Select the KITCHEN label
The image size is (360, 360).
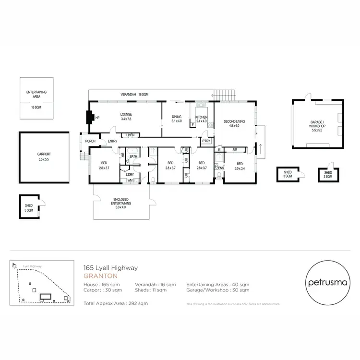201,118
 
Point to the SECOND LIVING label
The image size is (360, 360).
234,121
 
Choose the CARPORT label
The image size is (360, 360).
44,155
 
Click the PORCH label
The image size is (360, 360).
90,141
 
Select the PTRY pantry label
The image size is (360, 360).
206,141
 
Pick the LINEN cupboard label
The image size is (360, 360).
130,135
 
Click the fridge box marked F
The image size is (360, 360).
193,125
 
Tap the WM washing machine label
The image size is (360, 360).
130,180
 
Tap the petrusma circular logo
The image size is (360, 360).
326,282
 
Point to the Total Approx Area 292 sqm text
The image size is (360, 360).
116,303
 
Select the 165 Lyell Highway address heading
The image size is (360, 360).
110,268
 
